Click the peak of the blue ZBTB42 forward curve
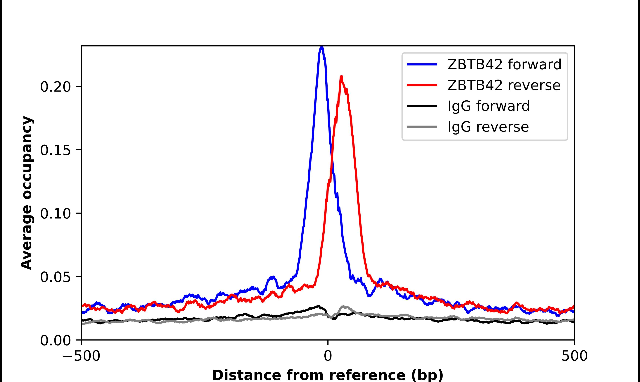(322, 47)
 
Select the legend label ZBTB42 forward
(504, 64)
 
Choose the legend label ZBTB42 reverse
(504, 85)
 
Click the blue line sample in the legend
(422, 64)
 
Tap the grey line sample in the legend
(422, 127)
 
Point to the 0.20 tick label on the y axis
(55, 87)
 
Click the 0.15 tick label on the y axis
(55, 150)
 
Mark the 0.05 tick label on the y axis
(55, 277)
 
